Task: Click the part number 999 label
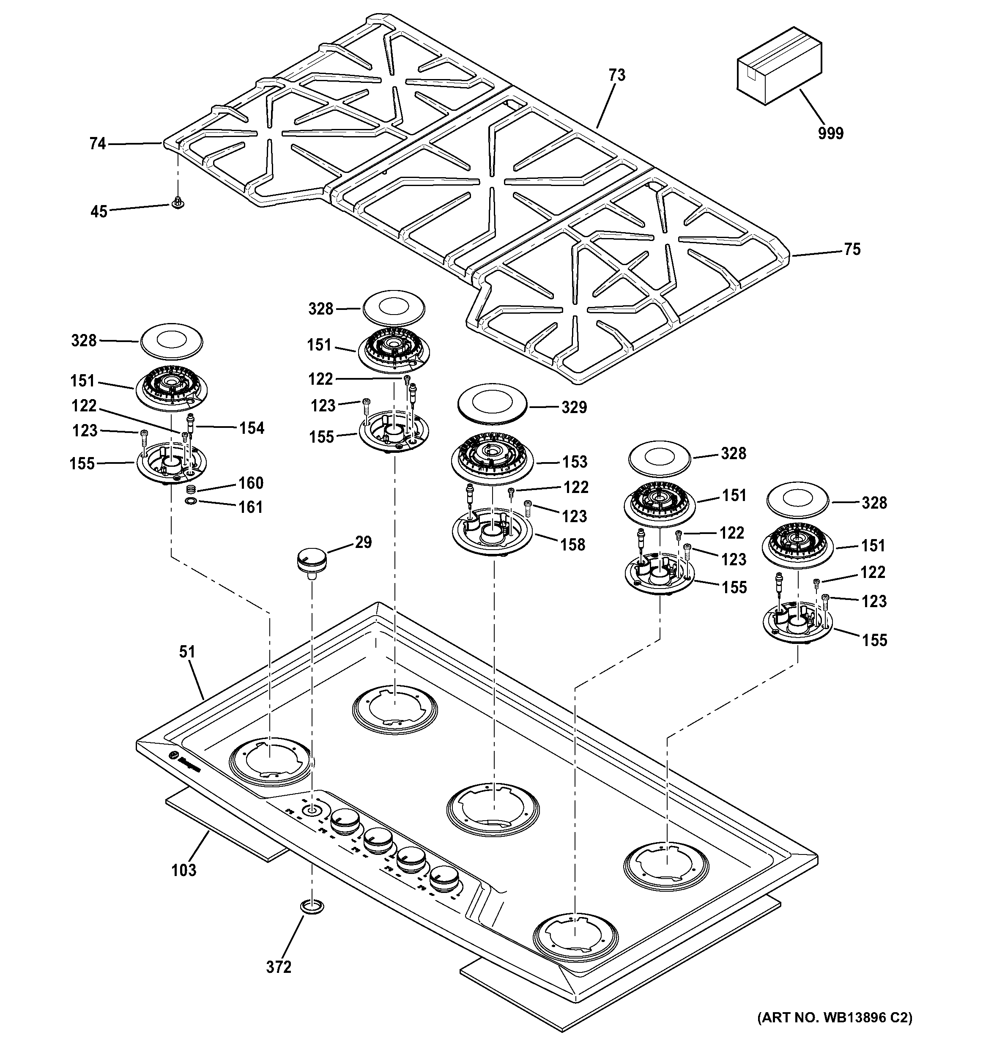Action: pos(830,133)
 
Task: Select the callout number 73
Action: pos(617,75)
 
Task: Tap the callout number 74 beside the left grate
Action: pos(98,144)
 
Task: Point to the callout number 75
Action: pos(852,249)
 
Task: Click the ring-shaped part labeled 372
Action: pos(312,906)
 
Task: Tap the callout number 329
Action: pos(574,407)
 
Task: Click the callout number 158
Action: pos(572,544)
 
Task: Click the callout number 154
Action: pos(252,428)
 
